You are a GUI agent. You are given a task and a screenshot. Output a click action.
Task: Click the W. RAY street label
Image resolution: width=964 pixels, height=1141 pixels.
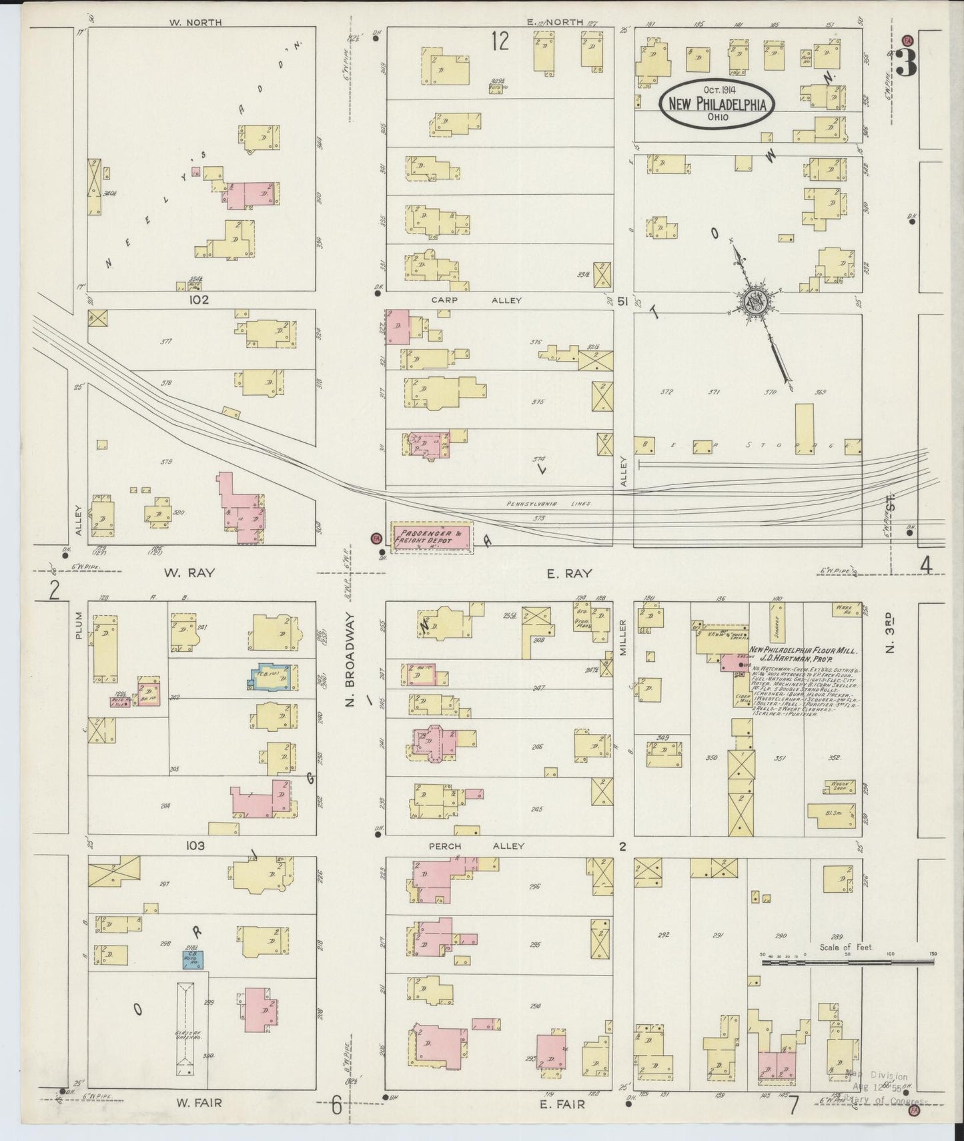pos(189,573)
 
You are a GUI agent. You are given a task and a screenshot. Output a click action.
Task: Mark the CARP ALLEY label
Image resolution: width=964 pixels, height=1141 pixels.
pos(476,301)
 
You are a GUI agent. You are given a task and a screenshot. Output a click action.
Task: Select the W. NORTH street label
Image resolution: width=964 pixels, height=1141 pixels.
pos(195,22)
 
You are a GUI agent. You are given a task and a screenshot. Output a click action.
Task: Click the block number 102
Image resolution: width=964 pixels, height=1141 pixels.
pos(198,300)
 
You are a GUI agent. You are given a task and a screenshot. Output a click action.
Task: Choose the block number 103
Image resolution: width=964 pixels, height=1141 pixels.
pos(195,845)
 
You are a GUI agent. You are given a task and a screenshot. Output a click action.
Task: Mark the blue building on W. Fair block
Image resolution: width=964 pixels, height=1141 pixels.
pos(194,960)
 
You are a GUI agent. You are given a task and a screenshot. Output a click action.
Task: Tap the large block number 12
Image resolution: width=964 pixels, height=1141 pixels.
pos(500,41)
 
